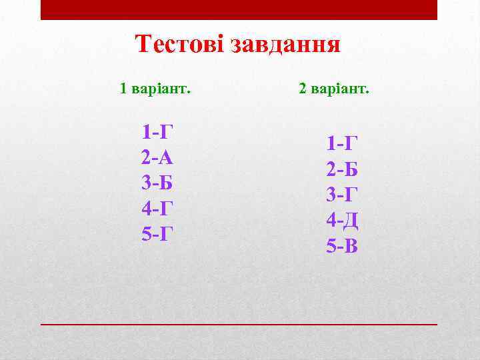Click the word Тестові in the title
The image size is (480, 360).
click(x=179, y=45)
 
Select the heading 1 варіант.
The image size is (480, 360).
click(x=155, y=89)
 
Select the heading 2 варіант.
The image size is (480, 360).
click(x=333, y=89)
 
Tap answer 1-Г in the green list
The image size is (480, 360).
click(x=157, y=132)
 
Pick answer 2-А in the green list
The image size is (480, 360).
click(x=157, y=157)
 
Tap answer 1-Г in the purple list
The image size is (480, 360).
click(x=342, y=144)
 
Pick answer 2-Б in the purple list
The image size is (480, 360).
click(x=342, y=169)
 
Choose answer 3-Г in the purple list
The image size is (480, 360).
click(x=342, y=195)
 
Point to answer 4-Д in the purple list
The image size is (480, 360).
click(x=342, y=220)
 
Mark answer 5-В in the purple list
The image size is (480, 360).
click(x=342, y=246)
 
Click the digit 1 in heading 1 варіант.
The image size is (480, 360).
click(x=123, y=89)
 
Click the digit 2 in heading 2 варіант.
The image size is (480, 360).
click(x=303, y=89)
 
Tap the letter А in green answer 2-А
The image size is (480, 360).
click(x=167, y=157)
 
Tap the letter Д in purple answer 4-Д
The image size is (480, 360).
click(x=351, y=220)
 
